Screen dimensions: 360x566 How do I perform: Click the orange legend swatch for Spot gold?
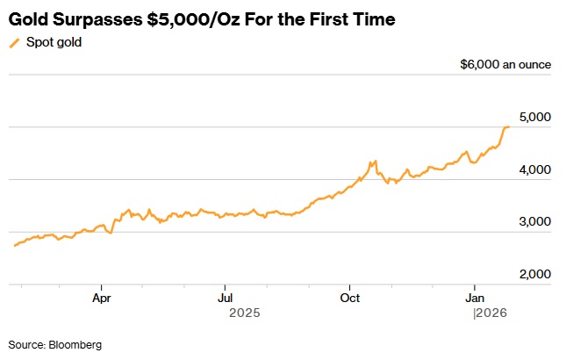[x=14, y=41]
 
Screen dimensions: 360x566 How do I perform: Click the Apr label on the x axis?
[x=102, y=297]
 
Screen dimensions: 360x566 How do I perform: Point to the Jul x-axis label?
[x=226, y=297]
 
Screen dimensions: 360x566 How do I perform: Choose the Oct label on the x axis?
[x=350, y=297]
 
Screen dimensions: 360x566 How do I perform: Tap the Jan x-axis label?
[x=475, y=297]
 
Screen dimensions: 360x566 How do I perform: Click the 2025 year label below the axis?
[x=245, y=313]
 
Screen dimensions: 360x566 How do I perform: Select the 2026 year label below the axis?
[x=492, y=313]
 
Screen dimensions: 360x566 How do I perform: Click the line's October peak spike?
[x=375, y=162]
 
